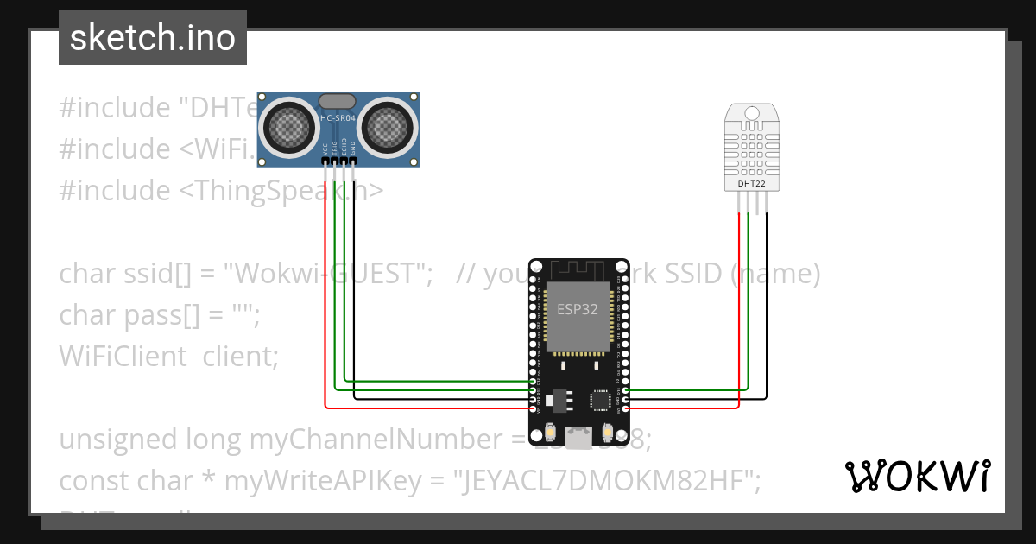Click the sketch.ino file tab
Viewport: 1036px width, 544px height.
pos(153,38)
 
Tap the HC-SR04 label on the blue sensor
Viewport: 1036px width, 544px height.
pos(338,119)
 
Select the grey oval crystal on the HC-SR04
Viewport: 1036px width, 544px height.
pos(338,101)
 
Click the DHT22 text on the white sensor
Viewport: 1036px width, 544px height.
pos(751,183)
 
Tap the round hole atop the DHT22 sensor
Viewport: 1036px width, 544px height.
pos(751,113)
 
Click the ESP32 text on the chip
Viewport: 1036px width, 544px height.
pos(578,310)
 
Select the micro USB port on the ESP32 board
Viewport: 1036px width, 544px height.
pos(578,438)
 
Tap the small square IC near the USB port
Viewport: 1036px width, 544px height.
pos(599,400)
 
